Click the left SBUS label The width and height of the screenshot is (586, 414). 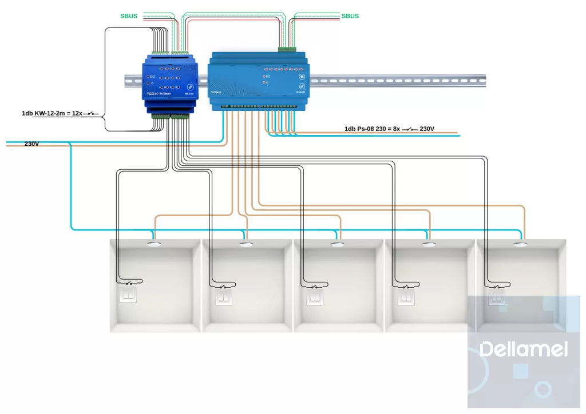129,16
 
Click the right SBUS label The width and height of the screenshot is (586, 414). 350,16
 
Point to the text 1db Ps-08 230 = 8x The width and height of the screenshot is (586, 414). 372,129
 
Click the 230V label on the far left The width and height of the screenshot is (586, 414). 31,144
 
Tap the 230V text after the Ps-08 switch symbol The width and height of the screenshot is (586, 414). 427,129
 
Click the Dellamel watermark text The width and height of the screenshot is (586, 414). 524,349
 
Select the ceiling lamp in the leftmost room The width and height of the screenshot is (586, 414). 155,245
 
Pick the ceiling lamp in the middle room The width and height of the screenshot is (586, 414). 338,245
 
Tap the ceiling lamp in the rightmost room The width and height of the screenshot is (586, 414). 520,245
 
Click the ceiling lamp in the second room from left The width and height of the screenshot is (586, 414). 246,245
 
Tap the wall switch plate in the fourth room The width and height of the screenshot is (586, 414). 406,297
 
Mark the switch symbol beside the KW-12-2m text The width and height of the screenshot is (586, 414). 91,113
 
